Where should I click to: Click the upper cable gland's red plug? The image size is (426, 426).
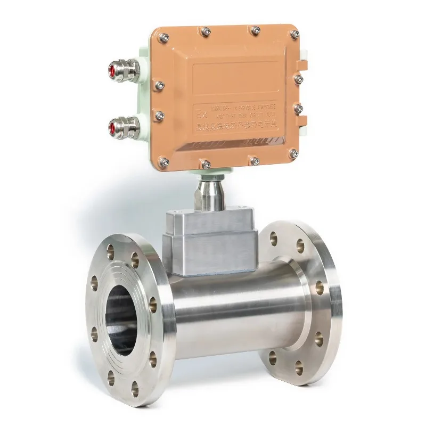coord(112,69)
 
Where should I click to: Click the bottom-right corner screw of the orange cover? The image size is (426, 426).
coord(293,153)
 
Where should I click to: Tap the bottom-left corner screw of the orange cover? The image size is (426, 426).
coord(165,162)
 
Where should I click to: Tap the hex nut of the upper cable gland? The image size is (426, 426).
coord(129,70)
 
